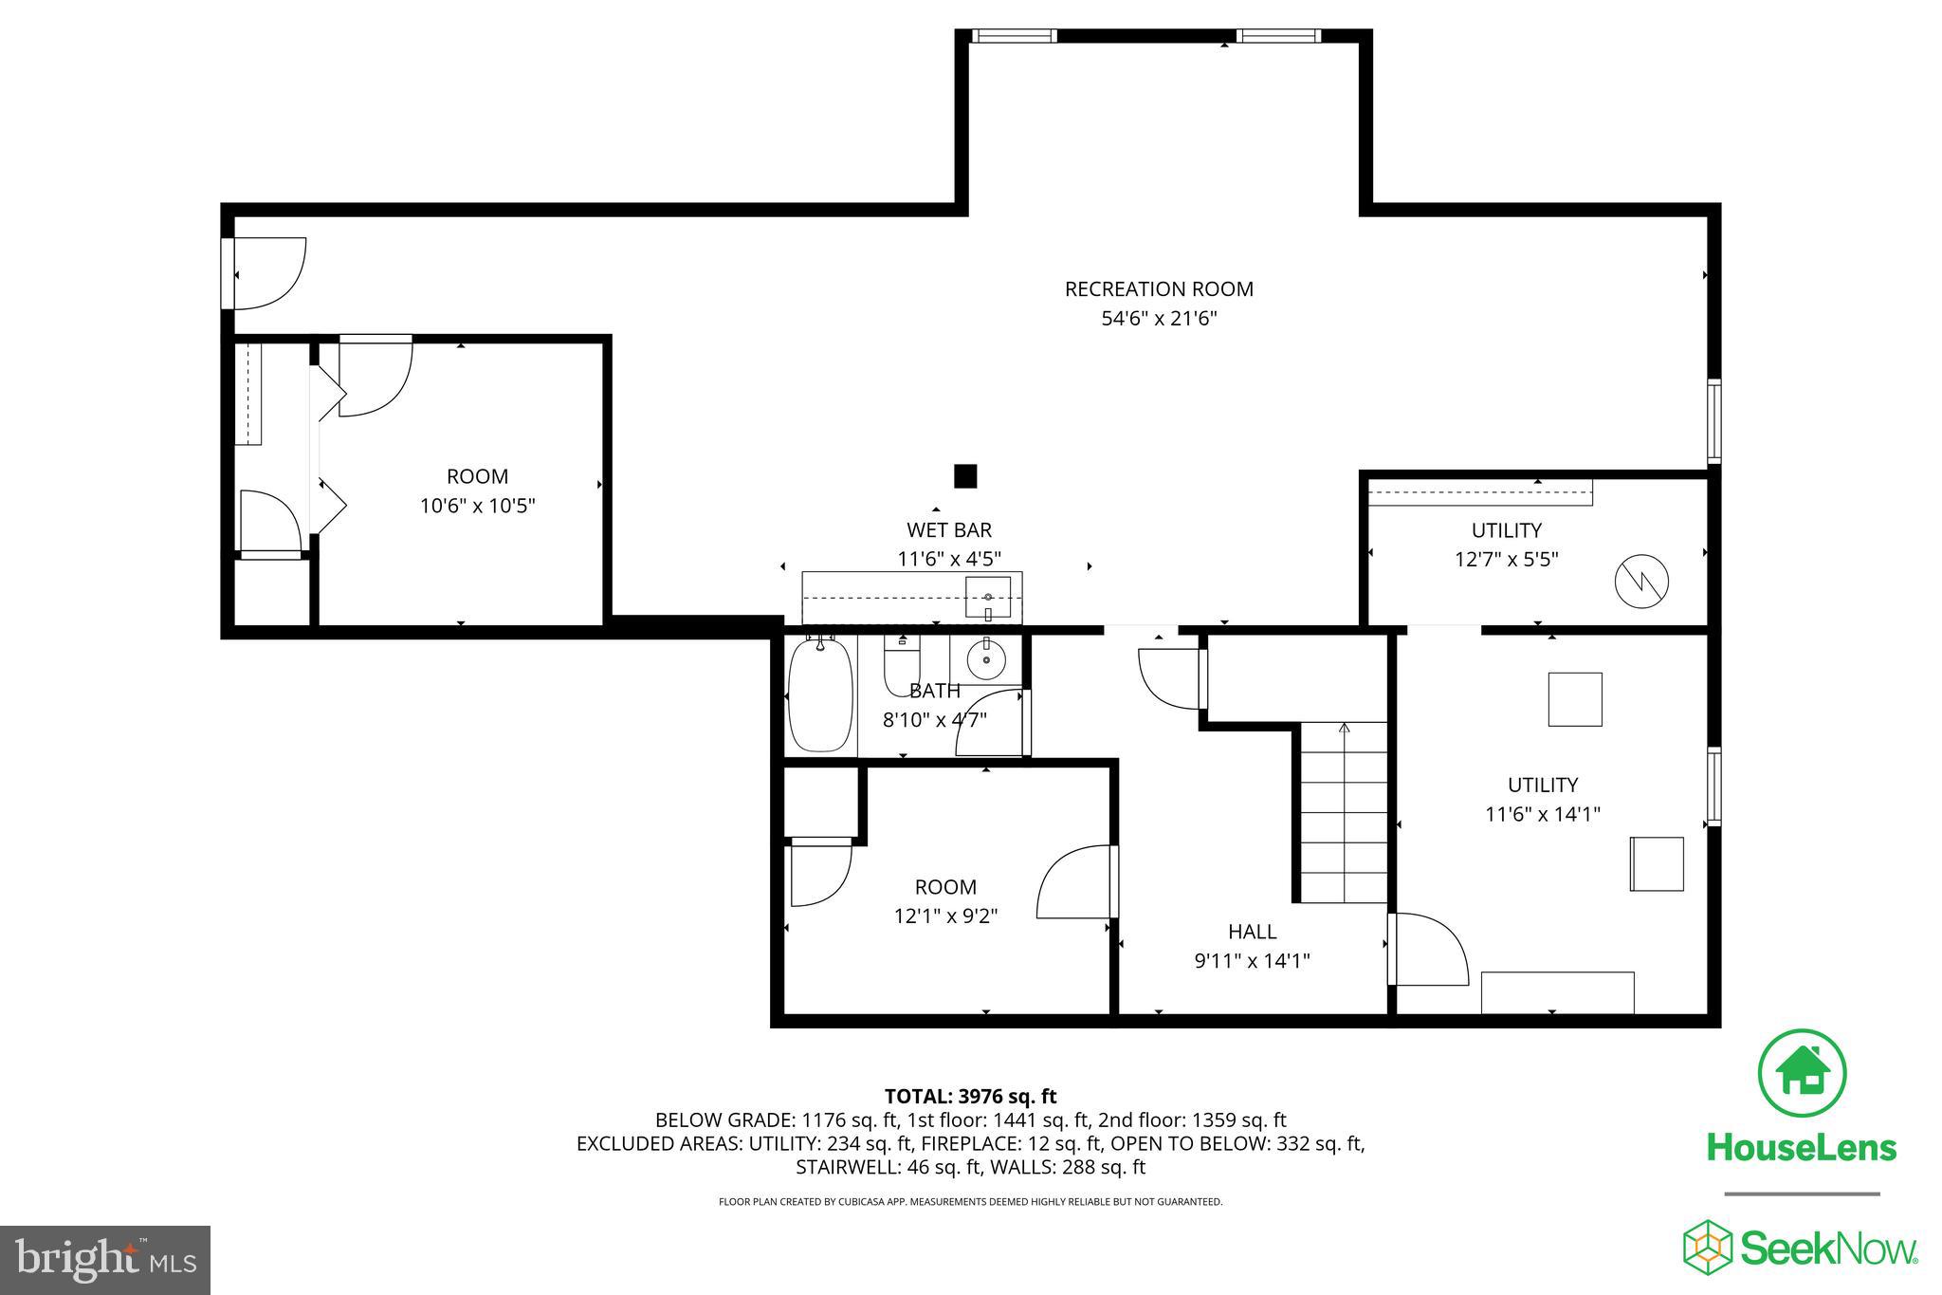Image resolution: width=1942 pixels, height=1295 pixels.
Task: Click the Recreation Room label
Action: pyautogui.click(x=1158, y=288)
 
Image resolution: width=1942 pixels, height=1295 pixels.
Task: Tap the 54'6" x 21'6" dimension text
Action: pyautogui.click(x=1158, y=319)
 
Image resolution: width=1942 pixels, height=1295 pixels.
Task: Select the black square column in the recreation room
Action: pyautogui.click(x=964, y=476)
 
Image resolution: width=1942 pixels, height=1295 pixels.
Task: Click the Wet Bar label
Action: pyautogui.click(x=949, y=529)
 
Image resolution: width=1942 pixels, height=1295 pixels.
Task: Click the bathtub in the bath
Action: pyautogui.click(x=820, y=695)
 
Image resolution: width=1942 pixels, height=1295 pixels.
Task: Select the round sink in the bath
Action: pyautogui.click(x=986, y=659)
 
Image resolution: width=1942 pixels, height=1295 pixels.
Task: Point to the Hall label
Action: pyautogui.click(x=1252, y=932)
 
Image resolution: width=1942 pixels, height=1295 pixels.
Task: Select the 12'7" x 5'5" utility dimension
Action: pyautogui.click(x=1506, y=560)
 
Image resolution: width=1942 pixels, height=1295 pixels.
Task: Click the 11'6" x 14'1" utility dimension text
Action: pyautogui.click(x=1542, y=814)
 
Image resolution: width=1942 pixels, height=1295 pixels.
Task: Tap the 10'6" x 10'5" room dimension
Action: pyautogui.click(x=477, y=506)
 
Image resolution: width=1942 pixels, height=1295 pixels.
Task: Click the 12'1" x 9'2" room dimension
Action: pyautogui.click(x=945, y=916)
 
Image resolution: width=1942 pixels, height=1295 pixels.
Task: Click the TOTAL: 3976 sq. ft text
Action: pyautogui.click(x=970, y=1097)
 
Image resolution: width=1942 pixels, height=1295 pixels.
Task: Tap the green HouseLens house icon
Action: pyautogui.click(x=1802, y=1074)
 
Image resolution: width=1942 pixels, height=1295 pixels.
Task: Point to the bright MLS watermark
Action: pyautogui.click(x=105, y=1260)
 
